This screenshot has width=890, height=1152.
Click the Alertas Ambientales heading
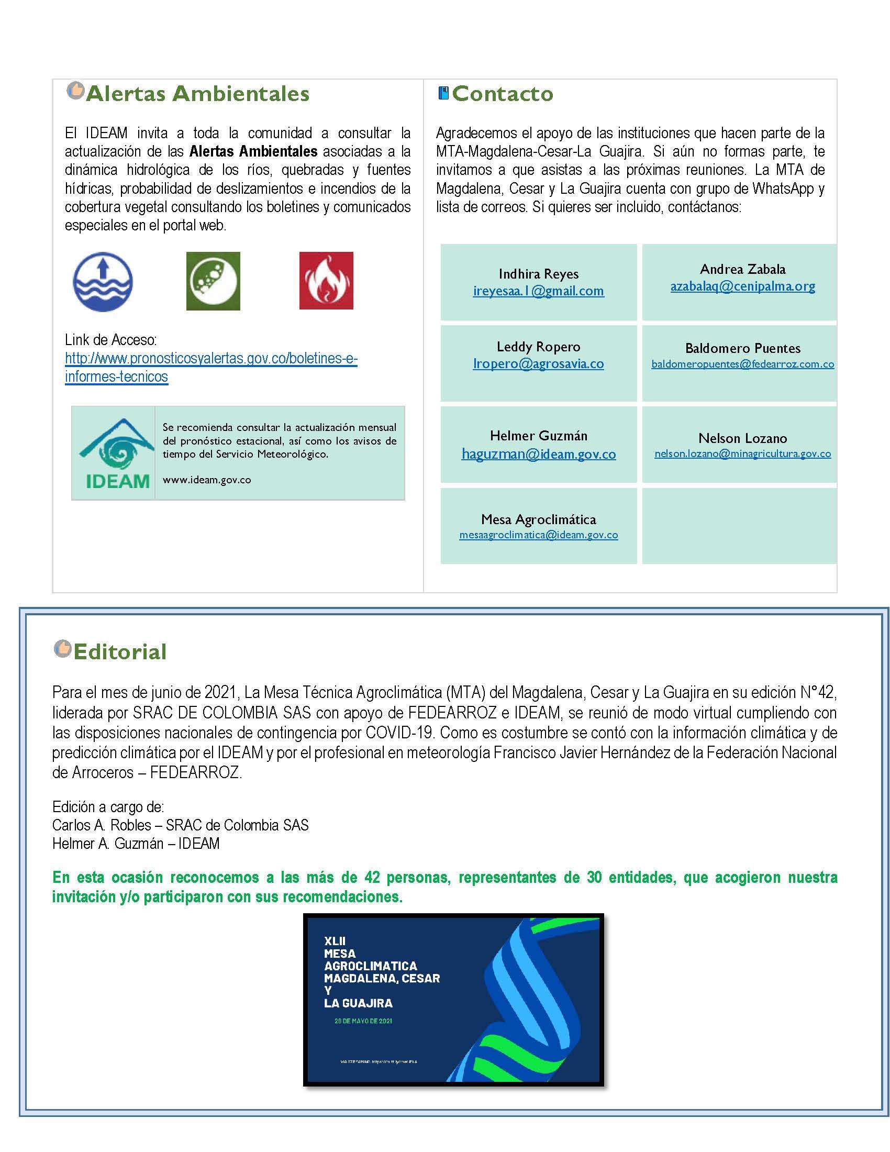click(197, 94)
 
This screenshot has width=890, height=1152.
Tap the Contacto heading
click(502, 94)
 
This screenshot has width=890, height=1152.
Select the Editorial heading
click(120, 652)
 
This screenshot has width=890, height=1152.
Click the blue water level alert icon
click(103, 281)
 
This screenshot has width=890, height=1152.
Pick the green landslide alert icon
click(213, 281)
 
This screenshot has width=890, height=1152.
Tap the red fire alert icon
click(326, 281)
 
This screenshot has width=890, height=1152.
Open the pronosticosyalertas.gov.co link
click(211, 359)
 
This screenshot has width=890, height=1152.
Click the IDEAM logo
click(114, 453)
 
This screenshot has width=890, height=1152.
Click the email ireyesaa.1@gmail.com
click(538, 291)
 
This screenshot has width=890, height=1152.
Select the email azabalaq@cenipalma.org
click(742, 286)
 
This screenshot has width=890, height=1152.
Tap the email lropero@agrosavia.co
click(538, 363)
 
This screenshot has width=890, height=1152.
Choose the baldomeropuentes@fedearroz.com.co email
click(742, 364)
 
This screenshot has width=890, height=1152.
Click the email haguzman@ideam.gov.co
click(538, 454)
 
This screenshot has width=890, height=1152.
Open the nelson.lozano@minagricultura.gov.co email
click(742, 453)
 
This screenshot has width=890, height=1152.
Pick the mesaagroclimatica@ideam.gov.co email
click(538, 535)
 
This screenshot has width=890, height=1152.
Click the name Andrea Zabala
click(742, 270)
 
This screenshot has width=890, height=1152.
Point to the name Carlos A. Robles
click(102, 825)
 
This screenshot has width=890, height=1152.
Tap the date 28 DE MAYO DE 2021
click(363, 1021)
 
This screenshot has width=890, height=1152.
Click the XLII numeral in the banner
click(335, 941)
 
